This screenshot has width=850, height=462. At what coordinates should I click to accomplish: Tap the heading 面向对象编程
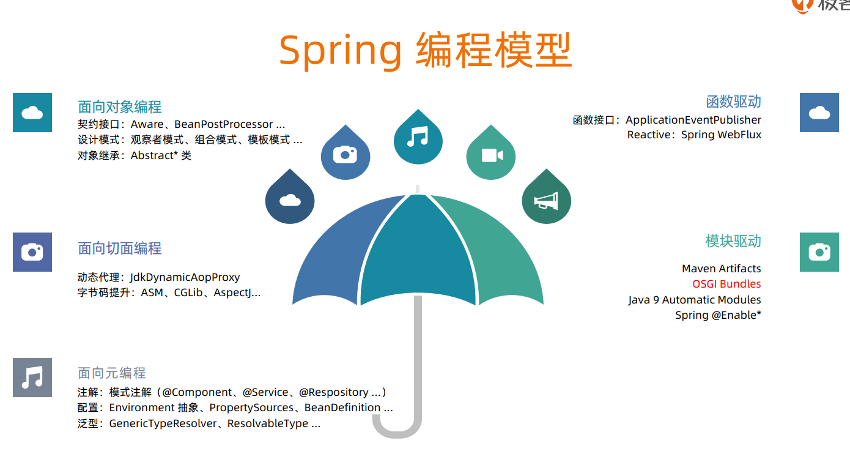coord(120,107)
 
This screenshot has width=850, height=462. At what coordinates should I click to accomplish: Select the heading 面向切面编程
coord(120,248)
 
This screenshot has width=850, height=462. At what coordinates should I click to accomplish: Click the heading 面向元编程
coord(112,373)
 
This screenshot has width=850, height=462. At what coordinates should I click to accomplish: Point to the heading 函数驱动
coord(733,102)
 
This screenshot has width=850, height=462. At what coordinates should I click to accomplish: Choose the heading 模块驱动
coord(733,241)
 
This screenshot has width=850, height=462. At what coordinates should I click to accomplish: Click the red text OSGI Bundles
coord(726,284)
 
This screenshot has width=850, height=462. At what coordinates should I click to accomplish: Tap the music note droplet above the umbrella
coord(418,138)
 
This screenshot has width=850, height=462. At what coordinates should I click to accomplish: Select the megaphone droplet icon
coord(546,200)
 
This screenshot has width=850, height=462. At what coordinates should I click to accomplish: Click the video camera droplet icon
coord(491,155)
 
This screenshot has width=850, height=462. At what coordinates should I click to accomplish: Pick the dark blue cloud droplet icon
coord(290,200)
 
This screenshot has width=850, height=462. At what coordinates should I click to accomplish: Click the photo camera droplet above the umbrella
coord(346,155)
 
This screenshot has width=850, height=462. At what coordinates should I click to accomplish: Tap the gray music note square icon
coord(32,378)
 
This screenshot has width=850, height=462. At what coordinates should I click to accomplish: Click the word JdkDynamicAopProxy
coord(185,277)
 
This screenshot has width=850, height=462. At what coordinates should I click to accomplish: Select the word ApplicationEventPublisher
coord(693,120)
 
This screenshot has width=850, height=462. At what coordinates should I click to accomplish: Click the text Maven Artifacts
coord(722,269)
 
